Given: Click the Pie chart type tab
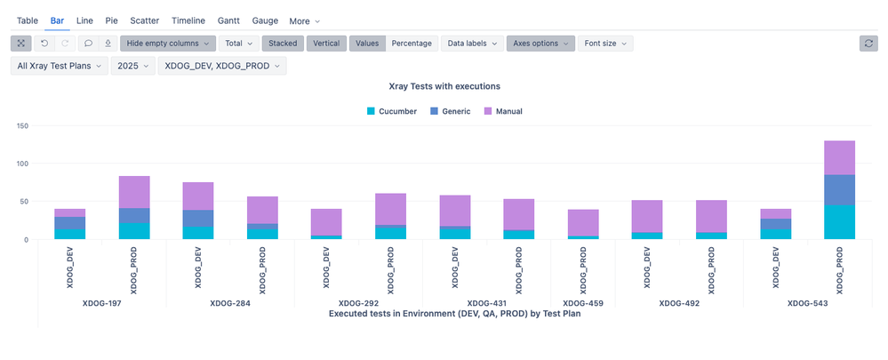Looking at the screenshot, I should [111, 20].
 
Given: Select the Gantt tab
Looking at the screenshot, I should [228, 20].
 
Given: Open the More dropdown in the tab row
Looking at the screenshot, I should [305, 20].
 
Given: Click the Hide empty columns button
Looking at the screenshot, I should [168, 43].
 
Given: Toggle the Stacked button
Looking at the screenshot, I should [283, 43].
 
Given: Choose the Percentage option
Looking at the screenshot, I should [412, 43].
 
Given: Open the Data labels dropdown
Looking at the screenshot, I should [471, 43].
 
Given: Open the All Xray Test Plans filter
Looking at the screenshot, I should [59, 66].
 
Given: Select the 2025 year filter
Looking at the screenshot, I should [132, 66].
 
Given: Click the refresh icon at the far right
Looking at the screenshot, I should [868, 43].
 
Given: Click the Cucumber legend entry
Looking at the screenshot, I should [391, 111].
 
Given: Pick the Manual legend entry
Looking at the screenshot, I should [502, 111].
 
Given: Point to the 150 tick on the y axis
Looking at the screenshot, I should [23, 126].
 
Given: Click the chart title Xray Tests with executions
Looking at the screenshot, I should [444, 86].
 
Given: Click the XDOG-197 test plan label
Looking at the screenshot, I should [102, 303].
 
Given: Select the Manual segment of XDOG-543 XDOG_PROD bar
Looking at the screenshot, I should [839, 157].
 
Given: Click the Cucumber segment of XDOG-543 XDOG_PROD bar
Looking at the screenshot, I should [839, 222].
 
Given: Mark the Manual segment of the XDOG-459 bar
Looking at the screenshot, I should [583, 222].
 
